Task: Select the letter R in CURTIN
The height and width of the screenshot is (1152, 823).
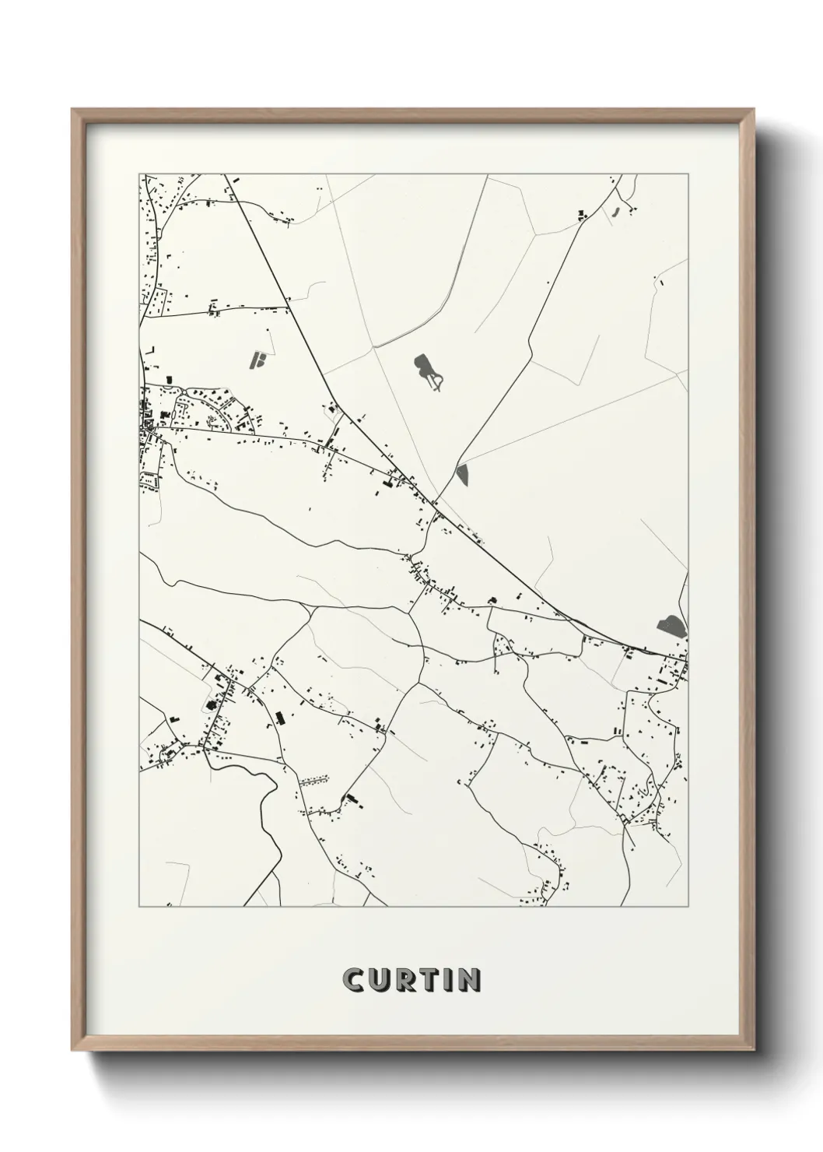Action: (x=408, y=981)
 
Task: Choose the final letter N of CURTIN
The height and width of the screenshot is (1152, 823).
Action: (x=468, y=981)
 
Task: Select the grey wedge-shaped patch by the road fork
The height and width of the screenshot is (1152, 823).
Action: (x=464, y=474)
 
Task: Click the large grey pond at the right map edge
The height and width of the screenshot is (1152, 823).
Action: (x=671, y=624)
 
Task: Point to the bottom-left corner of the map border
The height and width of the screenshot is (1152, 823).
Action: (x=139, y=907)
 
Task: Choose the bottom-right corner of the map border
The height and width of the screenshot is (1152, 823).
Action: (x=687, y=907)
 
